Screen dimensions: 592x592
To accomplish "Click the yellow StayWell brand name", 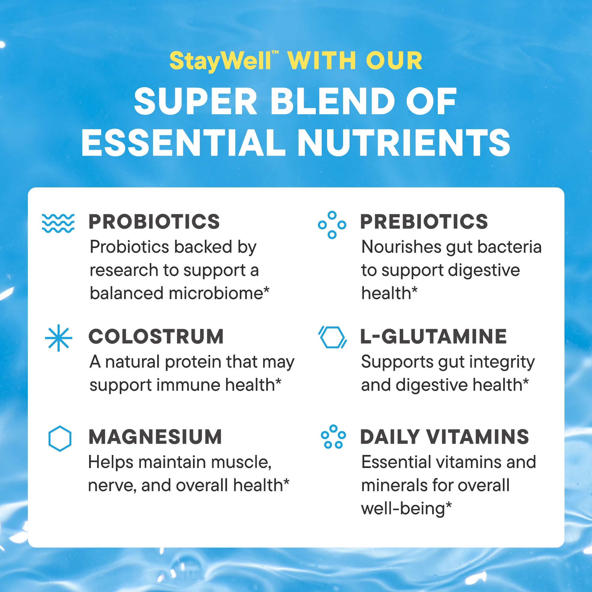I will pyautogui.click(x=220, y=61).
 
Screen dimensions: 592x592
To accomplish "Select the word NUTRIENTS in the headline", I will pyautogui.click(x=403, y=142).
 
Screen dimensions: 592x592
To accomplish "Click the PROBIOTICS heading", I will pyautogui.click(x=154, y=221).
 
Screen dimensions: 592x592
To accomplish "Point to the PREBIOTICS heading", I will pyautogui.click(x=424, y=221).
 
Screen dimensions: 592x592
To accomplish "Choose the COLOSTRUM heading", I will pyautogui.click(x=156, y=337).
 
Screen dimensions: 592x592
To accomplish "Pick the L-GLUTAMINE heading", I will pyautogui.click(x=433, y=337).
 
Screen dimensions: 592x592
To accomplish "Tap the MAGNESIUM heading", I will pyautogui.click(x=155, y=437).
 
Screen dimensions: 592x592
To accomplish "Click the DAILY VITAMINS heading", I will pyautogui.click(x=444, y=437).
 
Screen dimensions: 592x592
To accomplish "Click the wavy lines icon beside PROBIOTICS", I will pyautogui.click(x=58, y=223).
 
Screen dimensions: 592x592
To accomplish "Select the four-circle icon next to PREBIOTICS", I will pyautogui.click(x=332, y=225).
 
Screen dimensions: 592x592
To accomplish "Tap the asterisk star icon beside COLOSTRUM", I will pyautogui.click(x=58, y=338).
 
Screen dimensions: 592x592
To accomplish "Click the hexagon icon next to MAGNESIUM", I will pyautogui.click(x=60, y=438).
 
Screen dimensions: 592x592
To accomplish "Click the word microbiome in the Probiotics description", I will pyautogui.click(x=216, y=293).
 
